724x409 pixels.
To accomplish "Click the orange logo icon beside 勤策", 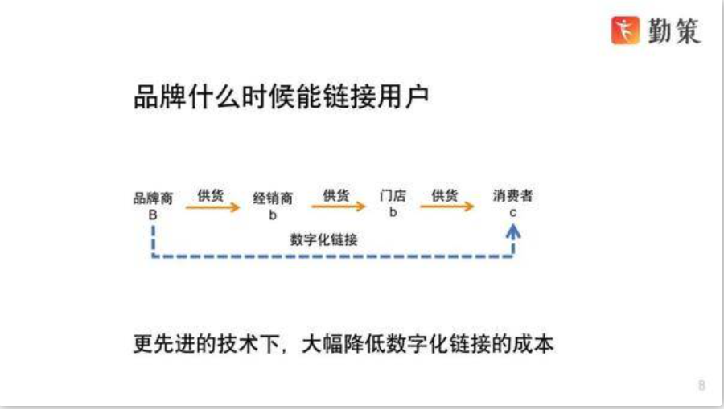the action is (x=625, y=31).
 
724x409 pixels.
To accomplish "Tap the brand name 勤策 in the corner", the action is (x=674, y=31).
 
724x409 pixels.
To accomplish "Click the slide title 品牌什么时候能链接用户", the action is (x=282, y=96).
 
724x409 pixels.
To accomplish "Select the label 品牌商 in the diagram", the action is (x=153, y=198).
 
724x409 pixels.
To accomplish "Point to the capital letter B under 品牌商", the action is (x=153, y=215).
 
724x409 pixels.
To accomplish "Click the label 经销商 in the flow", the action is (x=273, y=198).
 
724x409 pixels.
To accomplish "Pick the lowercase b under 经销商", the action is (x=273, y=215).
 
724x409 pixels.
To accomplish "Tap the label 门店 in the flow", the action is (x=393, y=195).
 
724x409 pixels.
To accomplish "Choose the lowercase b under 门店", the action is (x=393, y=212).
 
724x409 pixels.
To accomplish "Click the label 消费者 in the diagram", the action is (x=512, y=195).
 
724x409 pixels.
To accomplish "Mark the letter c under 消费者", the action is (x=512, y=213).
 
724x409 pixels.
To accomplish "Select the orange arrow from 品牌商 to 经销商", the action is (x=213, y=207).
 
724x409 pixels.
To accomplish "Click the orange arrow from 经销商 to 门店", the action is (x=339, y=207).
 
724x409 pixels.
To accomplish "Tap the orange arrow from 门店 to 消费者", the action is (x=447, y=207).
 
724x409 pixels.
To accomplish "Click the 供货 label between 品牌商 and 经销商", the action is (x=211, y=195).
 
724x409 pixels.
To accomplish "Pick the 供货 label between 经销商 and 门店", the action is (x=335, y=195).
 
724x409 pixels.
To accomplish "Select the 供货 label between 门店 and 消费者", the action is (x=444, y=195).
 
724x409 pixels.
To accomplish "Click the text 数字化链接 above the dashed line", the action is (x=323, y=239).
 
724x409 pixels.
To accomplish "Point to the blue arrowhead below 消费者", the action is (x=513, y=231).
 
